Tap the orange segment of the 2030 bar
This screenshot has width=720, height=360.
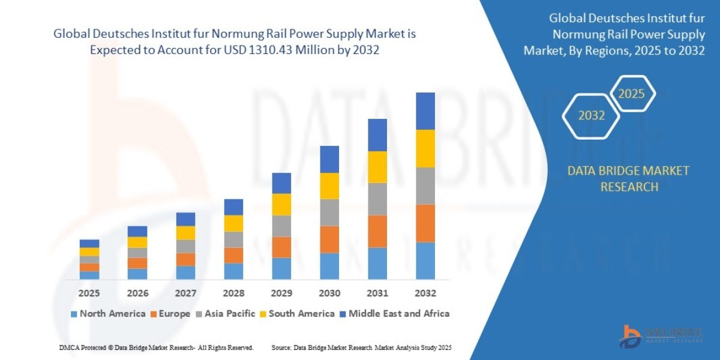point(329,239)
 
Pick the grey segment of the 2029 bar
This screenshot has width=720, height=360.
point(281,226)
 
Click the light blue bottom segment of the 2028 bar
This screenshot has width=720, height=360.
point(233,271)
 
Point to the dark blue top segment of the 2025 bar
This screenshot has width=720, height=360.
point(89,244)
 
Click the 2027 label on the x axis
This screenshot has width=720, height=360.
point(185,293)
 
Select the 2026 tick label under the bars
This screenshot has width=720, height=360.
point(137,293)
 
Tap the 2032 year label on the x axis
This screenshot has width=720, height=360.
point(425,293)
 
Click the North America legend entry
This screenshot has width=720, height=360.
point(108,313)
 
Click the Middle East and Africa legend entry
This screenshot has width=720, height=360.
point(394,313)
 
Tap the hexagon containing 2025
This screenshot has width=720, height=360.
point(631,94)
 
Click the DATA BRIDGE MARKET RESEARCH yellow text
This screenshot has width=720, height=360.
point(628,179)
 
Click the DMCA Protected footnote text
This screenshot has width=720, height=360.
point(156,347)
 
